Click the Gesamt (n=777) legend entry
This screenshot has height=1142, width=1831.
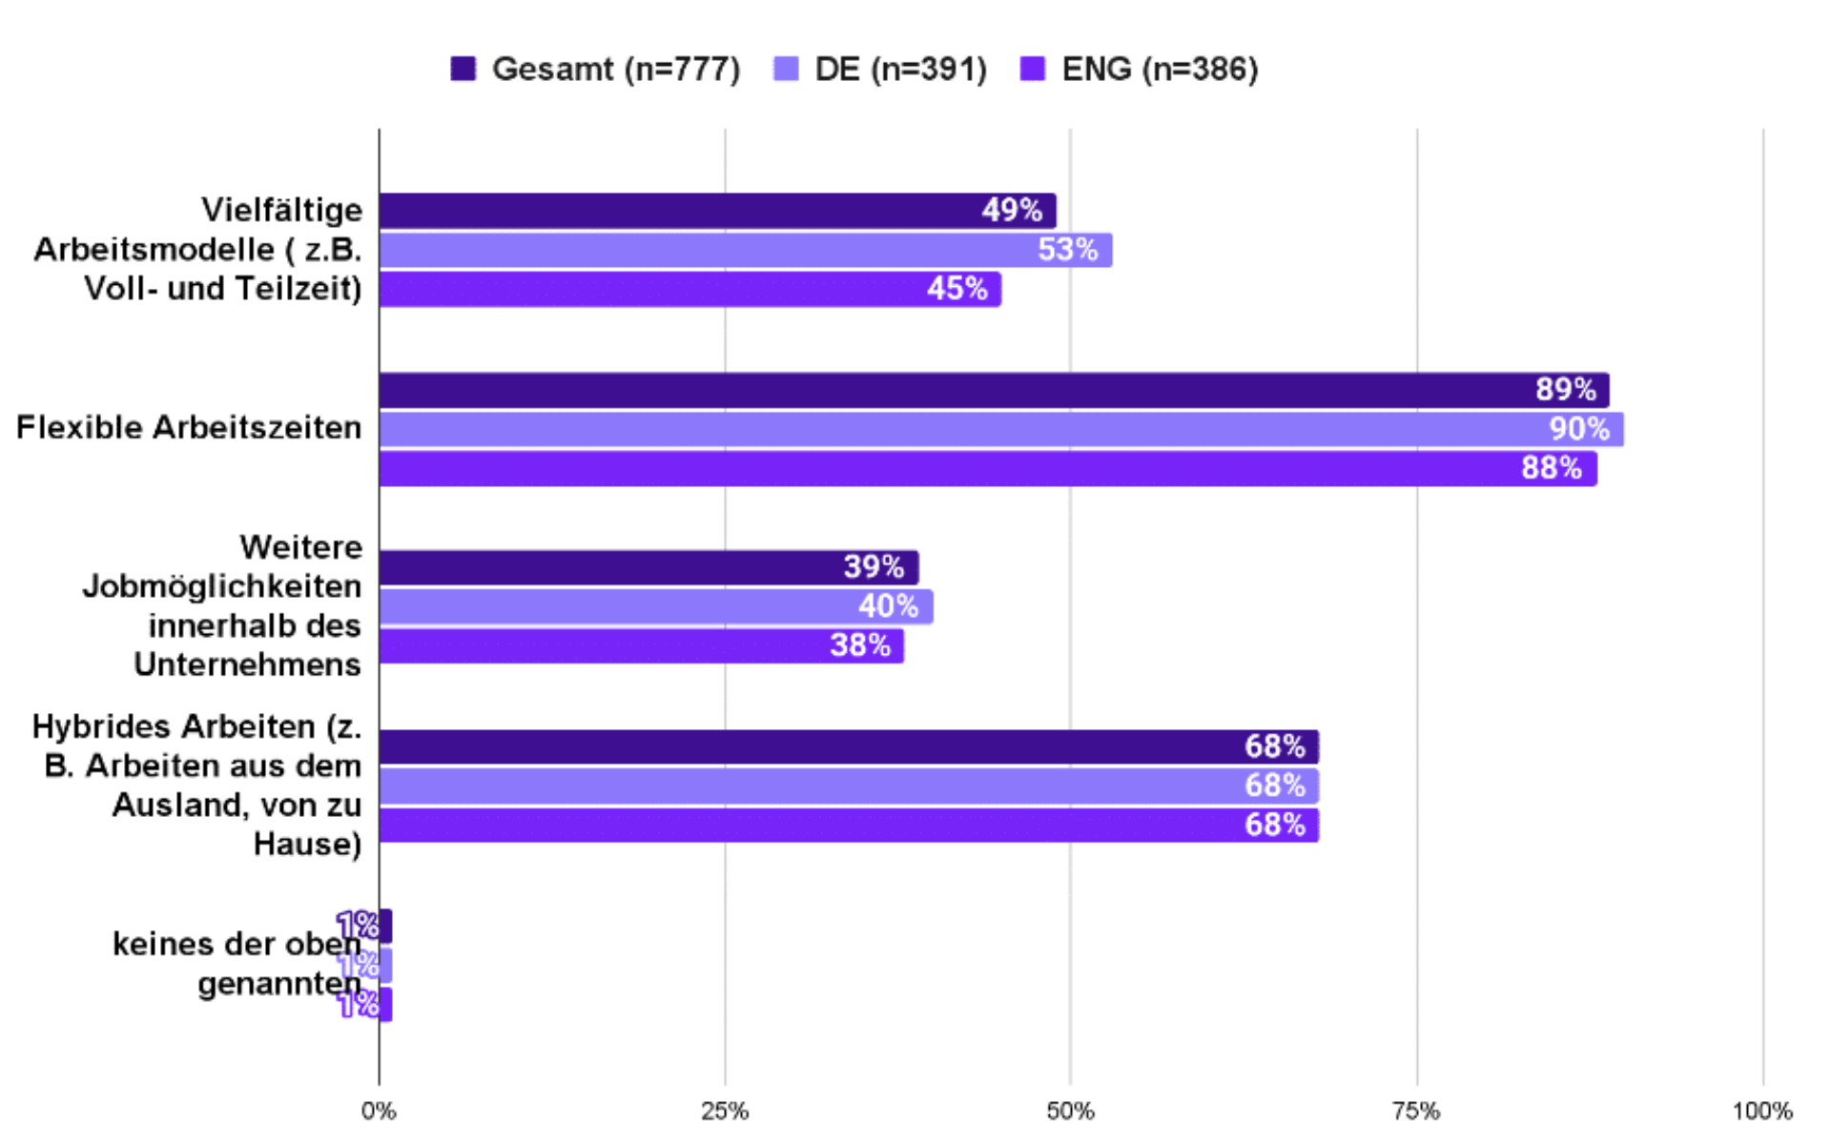[595, 69]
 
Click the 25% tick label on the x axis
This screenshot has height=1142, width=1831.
[725, 1111]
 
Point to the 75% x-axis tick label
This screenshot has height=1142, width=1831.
[1416, 1111]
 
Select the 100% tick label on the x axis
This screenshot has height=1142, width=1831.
[1761, 1111]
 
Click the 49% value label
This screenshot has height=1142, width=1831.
[1012, 211]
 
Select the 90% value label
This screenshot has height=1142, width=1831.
[1579, 429]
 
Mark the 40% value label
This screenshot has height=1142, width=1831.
[888, 606]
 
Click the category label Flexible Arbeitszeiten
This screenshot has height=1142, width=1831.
[189, 428]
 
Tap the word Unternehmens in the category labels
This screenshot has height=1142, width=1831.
[247, 664]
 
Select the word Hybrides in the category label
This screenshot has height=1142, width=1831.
[101, 726]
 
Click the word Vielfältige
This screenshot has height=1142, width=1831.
[281, 210]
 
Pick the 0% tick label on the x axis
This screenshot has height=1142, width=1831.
[379, 1111]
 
